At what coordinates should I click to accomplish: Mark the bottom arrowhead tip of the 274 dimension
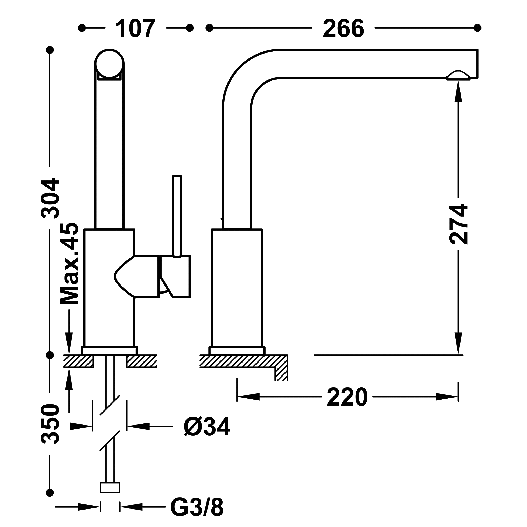click(x=458, y=355)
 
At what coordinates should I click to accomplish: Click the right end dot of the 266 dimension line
click(x=477, y=28)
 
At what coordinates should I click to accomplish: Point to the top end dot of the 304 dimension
click(x=50, y=50)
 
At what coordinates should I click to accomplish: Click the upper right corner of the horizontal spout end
click(x=478, y=50)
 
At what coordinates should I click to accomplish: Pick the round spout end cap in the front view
click(x=109, y=64)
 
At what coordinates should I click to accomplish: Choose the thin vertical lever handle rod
click(x=177, y=216)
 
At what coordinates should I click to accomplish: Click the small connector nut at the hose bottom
click(x=110, y=487)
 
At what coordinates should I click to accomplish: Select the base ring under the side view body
click(x=237, y=351)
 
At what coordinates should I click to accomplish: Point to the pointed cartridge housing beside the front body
click(x=136, y=277)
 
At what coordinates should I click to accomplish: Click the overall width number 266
click(x=343, y=28)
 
